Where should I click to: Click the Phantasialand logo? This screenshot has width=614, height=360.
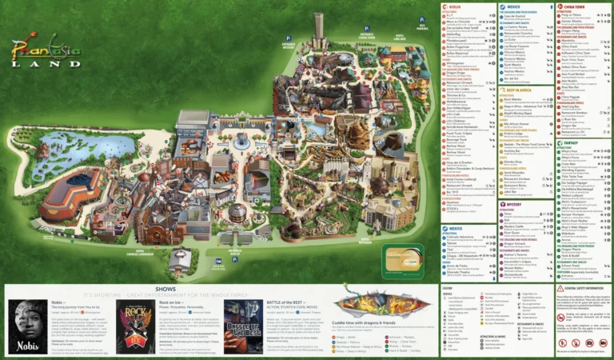(46, 52)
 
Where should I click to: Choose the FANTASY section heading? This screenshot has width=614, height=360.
(572, 142)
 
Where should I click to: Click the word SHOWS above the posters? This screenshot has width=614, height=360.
(166, 289)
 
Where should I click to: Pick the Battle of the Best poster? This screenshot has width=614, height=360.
(242, 326)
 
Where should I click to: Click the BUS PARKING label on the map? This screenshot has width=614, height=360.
(422, 27)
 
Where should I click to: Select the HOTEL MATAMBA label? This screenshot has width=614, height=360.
(366, 239)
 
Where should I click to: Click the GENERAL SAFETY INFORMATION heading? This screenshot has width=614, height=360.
(588, 289)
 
